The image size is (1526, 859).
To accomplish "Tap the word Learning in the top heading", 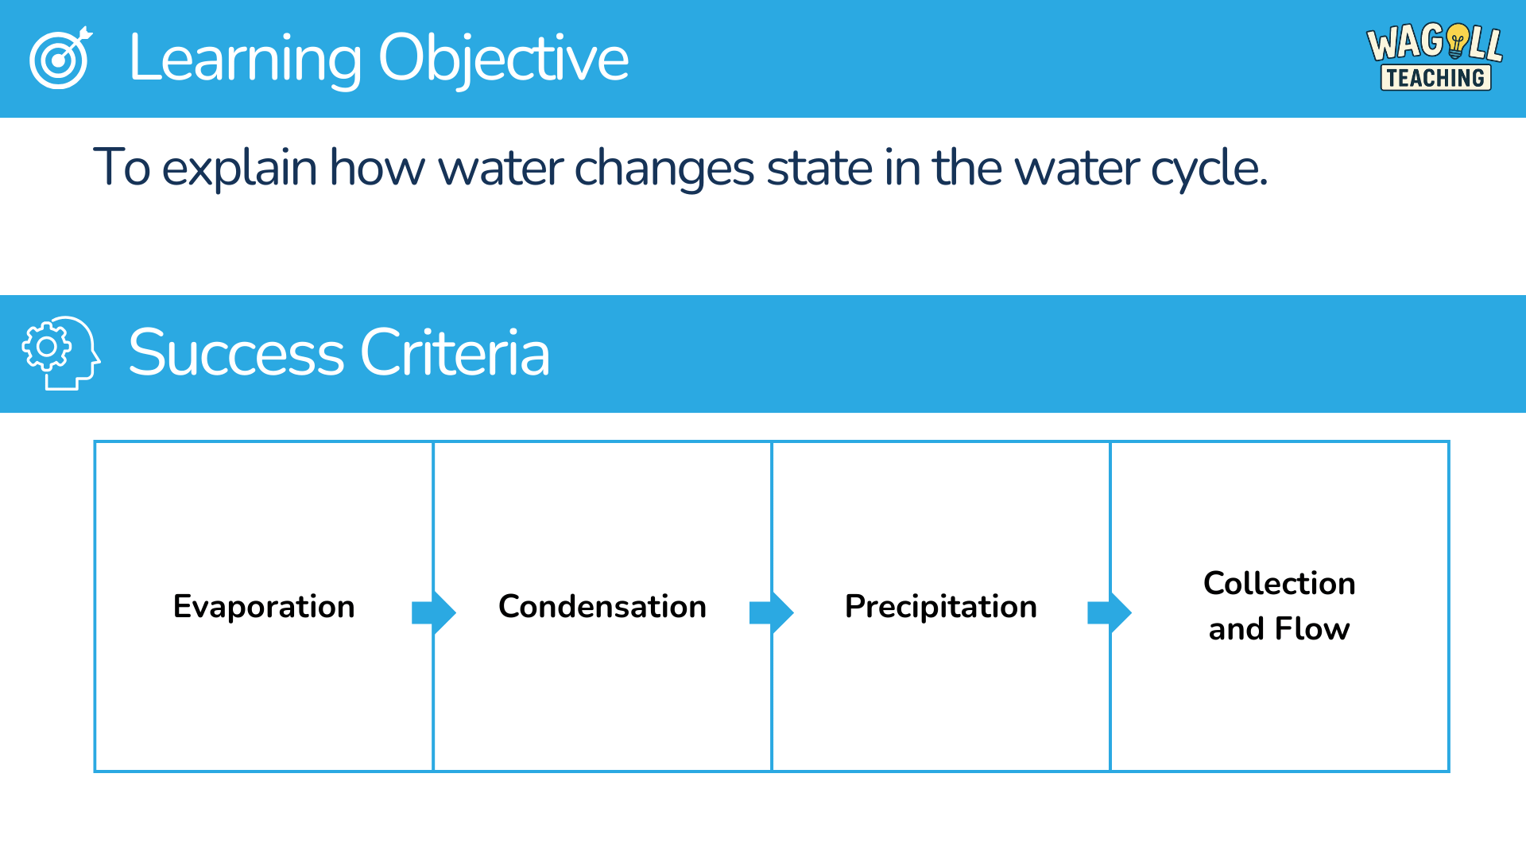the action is [245, 59].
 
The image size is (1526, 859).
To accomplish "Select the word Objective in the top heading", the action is [504, 59].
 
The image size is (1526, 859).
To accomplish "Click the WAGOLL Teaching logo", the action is [1435, 57].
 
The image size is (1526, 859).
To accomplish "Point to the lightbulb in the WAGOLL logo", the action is [1458, 41].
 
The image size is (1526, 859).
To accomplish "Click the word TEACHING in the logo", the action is [1435, 78].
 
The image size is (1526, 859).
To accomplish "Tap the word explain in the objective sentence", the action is [239, 169].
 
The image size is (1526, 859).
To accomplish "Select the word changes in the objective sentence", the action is [664, 169].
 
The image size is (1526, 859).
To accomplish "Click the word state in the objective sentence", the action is [819, 169].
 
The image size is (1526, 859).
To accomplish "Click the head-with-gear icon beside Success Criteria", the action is [61, 353].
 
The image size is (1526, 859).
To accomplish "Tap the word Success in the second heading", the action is [236, 352].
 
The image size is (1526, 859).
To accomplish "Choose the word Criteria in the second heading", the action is [455, 352].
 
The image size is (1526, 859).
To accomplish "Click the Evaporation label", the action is [264, 607].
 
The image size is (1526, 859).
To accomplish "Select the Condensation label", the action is [602, 607].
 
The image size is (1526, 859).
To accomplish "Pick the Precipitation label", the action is [941, 607].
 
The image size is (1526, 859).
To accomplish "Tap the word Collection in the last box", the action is [1280, 583].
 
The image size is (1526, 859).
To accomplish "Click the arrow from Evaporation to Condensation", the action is [434, 612].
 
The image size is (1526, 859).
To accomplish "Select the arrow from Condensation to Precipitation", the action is [772, 612].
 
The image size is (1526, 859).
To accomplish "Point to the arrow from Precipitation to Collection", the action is [1110, 612].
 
